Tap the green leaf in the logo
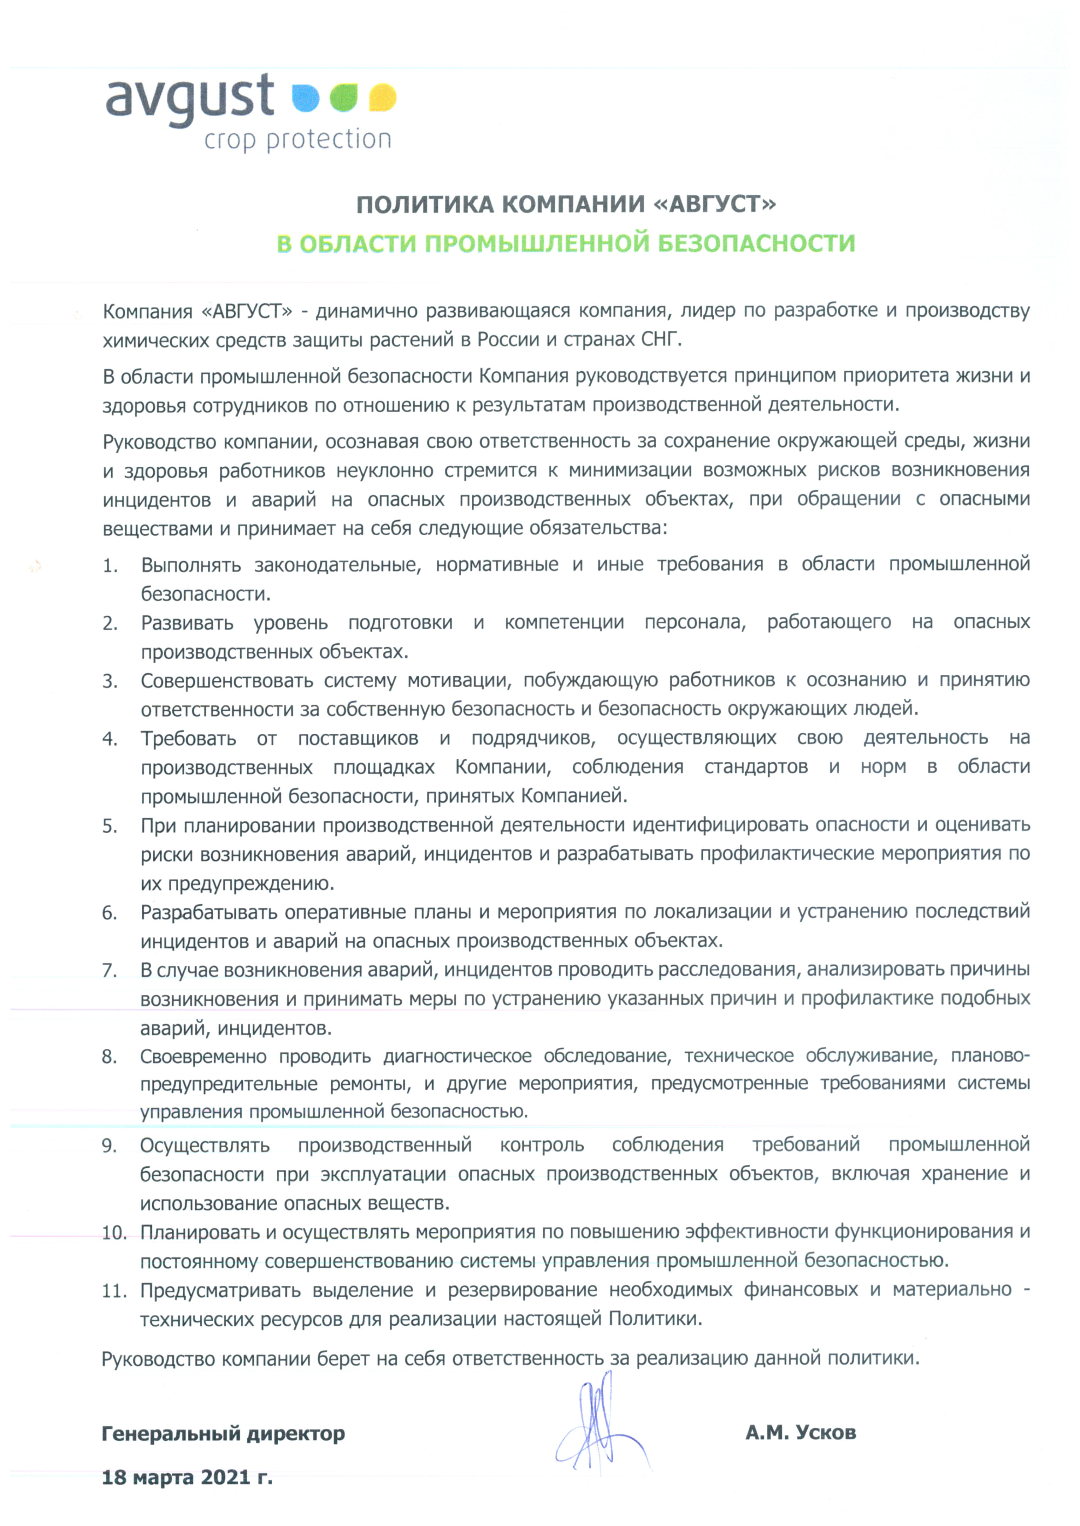[345, 98]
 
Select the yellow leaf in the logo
[382, 98]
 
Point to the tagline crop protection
[297, 140]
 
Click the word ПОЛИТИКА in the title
[425, 204]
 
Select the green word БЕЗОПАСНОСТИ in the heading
[756, 244]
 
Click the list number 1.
[110, 566]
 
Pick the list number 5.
[110, 826]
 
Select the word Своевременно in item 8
[203, 1057]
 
